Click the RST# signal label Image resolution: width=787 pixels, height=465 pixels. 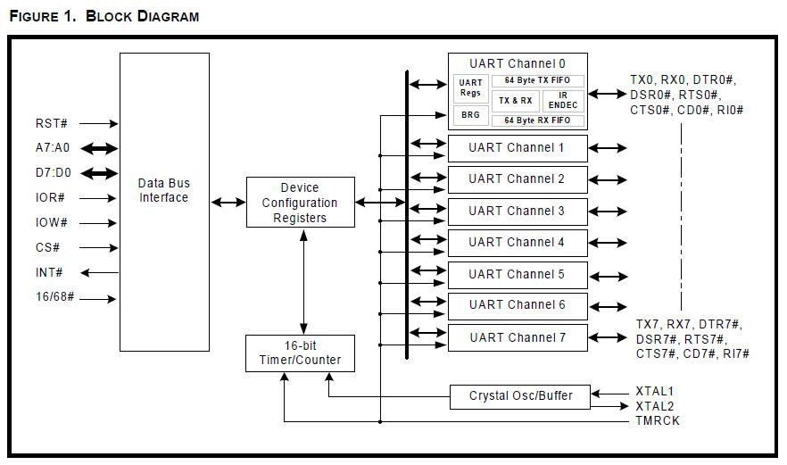[x=52, y=124]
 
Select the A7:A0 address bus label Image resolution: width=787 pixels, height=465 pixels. [x=53, y=148]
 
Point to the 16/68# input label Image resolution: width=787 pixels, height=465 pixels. [x=54, y=298]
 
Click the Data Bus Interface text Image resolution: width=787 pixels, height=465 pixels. [x=164, y=190]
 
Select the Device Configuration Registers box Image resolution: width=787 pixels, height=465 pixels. [x=300, y=203]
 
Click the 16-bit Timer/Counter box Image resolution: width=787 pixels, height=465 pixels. [x=300, y=353]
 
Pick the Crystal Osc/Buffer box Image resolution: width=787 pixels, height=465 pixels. [x=521, y=395]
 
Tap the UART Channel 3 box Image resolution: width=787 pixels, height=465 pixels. [x=517, y=212]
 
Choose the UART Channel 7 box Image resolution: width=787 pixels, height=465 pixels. [x=517, y=337]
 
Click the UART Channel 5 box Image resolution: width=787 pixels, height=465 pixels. [x=517, y=274]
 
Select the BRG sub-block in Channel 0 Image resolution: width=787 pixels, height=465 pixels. [x=470, y=115]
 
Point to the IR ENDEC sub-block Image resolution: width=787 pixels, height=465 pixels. [x=563, y=100]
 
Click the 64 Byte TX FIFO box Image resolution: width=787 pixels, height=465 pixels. [x=538, y=81]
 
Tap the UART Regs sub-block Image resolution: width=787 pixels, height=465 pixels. [x=470, y=87]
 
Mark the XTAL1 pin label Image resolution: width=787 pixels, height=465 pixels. [x=654, y=391]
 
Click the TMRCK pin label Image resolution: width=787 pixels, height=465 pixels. [x=657, y=419]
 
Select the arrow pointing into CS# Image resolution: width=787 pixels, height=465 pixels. [x=100, y=248]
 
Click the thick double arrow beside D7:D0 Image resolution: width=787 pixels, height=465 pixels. [x=100, y=173]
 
